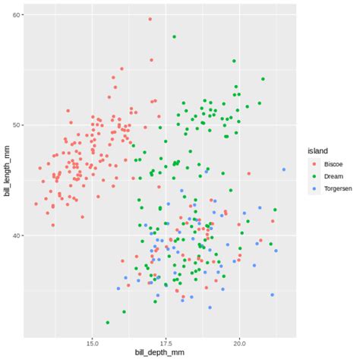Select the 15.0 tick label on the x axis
pyautogui.click(x=92, y=342)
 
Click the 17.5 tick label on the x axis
pyautogui.click(x=166, y=342)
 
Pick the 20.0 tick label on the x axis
pyautogui.click(x=240, y=342)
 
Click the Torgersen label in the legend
pyautogui.click(x=337, y=188)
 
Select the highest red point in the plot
pyautogui.click(x=150, y=19)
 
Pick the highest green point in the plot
pyautogui.click(x=174, y=36)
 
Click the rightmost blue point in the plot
pyautogui.click(x=283, y=169)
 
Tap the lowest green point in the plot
pyautogui.click(x=108, y=322)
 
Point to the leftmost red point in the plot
pyautogui.click(x=36, y=204)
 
